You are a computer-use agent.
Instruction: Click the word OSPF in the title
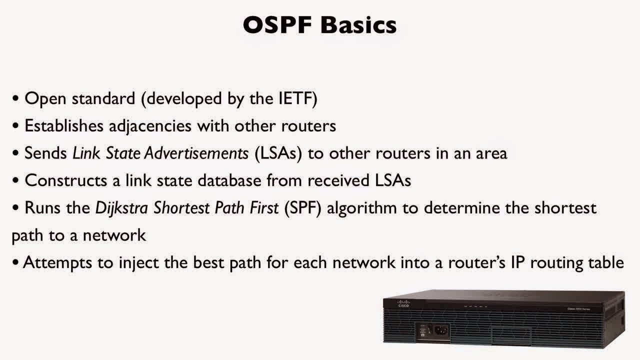tap(277, 25)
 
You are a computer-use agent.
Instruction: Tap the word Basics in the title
tap(358, 25)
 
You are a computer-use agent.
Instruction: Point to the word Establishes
tap(64, 125)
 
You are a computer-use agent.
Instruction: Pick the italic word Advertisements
tap(196, 153)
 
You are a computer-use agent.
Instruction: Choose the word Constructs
tap(65, 180)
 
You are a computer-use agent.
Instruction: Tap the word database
tap(229, 180)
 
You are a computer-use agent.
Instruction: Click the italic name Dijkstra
tap(121, 208)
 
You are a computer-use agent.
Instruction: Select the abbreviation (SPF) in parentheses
tap(303, 208)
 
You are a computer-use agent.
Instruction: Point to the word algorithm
tap(362, 208)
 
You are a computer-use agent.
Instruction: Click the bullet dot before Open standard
tap(15, 99)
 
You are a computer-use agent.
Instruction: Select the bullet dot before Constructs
tap(15, 181)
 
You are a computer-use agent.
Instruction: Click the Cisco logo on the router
tap(403, 303)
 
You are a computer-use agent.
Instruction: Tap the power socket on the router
tap(441, 331)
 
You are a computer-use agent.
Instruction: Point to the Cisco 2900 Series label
tap(578, 309)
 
